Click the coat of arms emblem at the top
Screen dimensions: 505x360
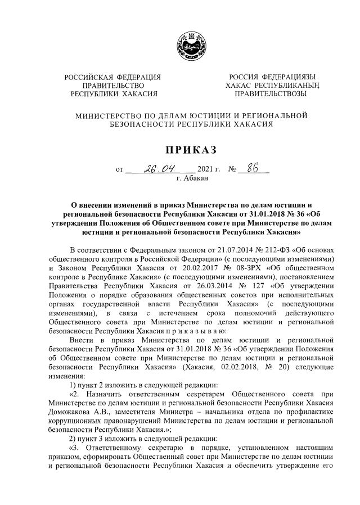(179, 43)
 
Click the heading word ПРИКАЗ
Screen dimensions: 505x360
(180, 149)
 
